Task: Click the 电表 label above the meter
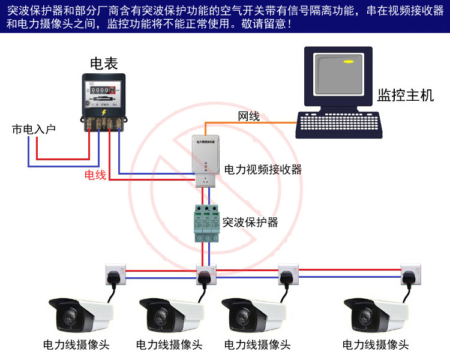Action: tap(103, 62)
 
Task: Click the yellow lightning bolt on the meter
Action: tap(104, 112)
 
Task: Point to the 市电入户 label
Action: tap(34, 129)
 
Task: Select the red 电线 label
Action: tap(95, 175)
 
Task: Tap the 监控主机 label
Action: tap(406, 96)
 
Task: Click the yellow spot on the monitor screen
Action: tap(347, 61)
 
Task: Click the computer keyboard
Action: tap(340, 125)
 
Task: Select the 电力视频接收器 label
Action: tap(263, 170)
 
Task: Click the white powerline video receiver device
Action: tap(205, 155)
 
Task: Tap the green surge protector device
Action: tap(205, 222)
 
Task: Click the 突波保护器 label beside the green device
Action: tap(250, 222)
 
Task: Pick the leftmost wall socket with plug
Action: tap(115, 274)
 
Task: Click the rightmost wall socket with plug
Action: tap(410, 274)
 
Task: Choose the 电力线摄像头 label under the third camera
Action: tap(257, 345)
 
